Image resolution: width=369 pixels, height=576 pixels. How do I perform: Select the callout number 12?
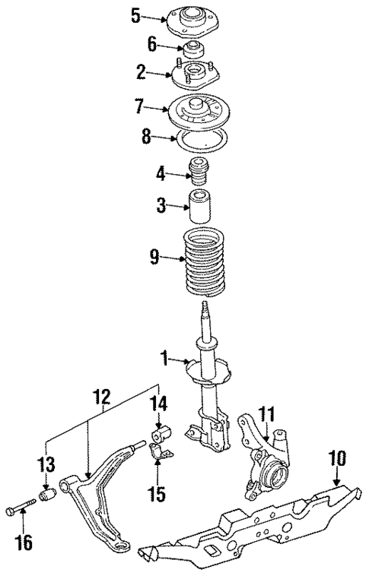[102, 396]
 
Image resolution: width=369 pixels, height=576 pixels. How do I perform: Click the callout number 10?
[336, 459]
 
